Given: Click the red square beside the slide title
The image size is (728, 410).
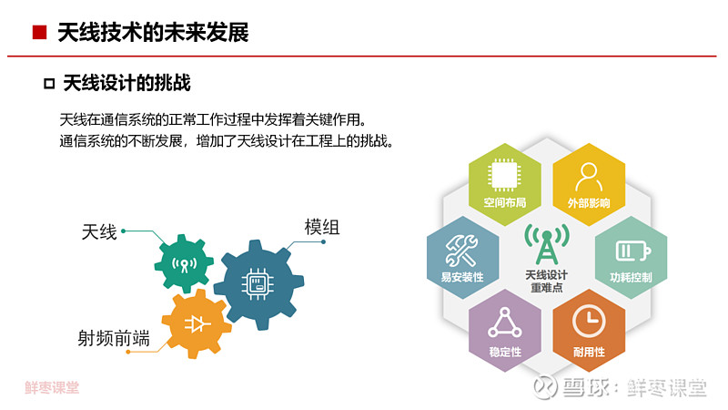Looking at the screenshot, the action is [x=39, y=33].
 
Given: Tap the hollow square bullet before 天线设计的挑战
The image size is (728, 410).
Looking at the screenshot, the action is [x=49, y=84].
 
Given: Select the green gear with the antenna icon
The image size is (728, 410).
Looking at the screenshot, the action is [x=184, y=263].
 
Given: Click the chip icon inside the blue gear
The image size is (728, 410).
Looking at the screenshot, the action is [x=258, y=283].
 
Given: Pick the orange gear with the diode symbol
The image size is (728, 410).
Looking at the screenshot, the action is [x=197, y=323].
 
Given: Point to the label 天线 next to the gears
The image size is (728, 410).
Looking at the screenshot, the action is [x=99, y=232].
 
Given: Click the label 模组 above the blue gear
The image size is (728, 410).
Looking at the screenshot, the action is [x=322, y=227].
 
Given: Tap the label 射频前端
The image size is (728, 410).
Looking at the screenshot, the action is [x=114, y=338].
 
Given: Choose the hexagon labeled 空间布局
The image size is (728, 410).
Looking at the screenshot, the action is [x=505, y=185].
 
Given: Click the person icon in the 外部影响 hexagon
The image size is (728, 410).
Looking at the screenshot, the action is [x=589, y=177].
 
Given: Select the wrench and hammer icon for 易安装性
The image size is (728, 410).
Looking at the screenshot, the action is [x=461, y=250].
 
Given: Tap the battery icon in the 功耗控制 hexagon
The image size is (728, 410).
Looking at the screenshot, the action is [x=632, y=251].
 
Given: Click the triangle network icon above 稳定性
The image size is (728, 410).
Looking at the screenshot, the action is [x=505, y=323].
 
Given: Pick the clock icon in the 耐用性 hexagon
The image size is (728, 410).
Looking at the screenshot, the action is [x=589, y=321].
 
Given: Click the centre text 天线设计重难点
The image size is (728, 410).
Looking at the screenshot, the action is [x=547, y=282].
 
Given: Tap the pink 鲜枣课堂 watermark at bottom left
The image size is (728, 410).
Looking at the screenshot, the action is [x=52, y=388].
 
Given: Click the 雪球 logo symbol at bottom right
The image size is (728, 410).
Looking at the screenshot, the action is [x=545, y=386].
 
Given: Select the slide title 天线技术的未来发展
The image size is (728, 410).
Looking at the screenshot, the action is [x=153, y=33].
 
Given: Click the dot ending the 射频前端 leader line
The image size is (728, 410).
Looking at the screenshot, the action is [x=128, y=352].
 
